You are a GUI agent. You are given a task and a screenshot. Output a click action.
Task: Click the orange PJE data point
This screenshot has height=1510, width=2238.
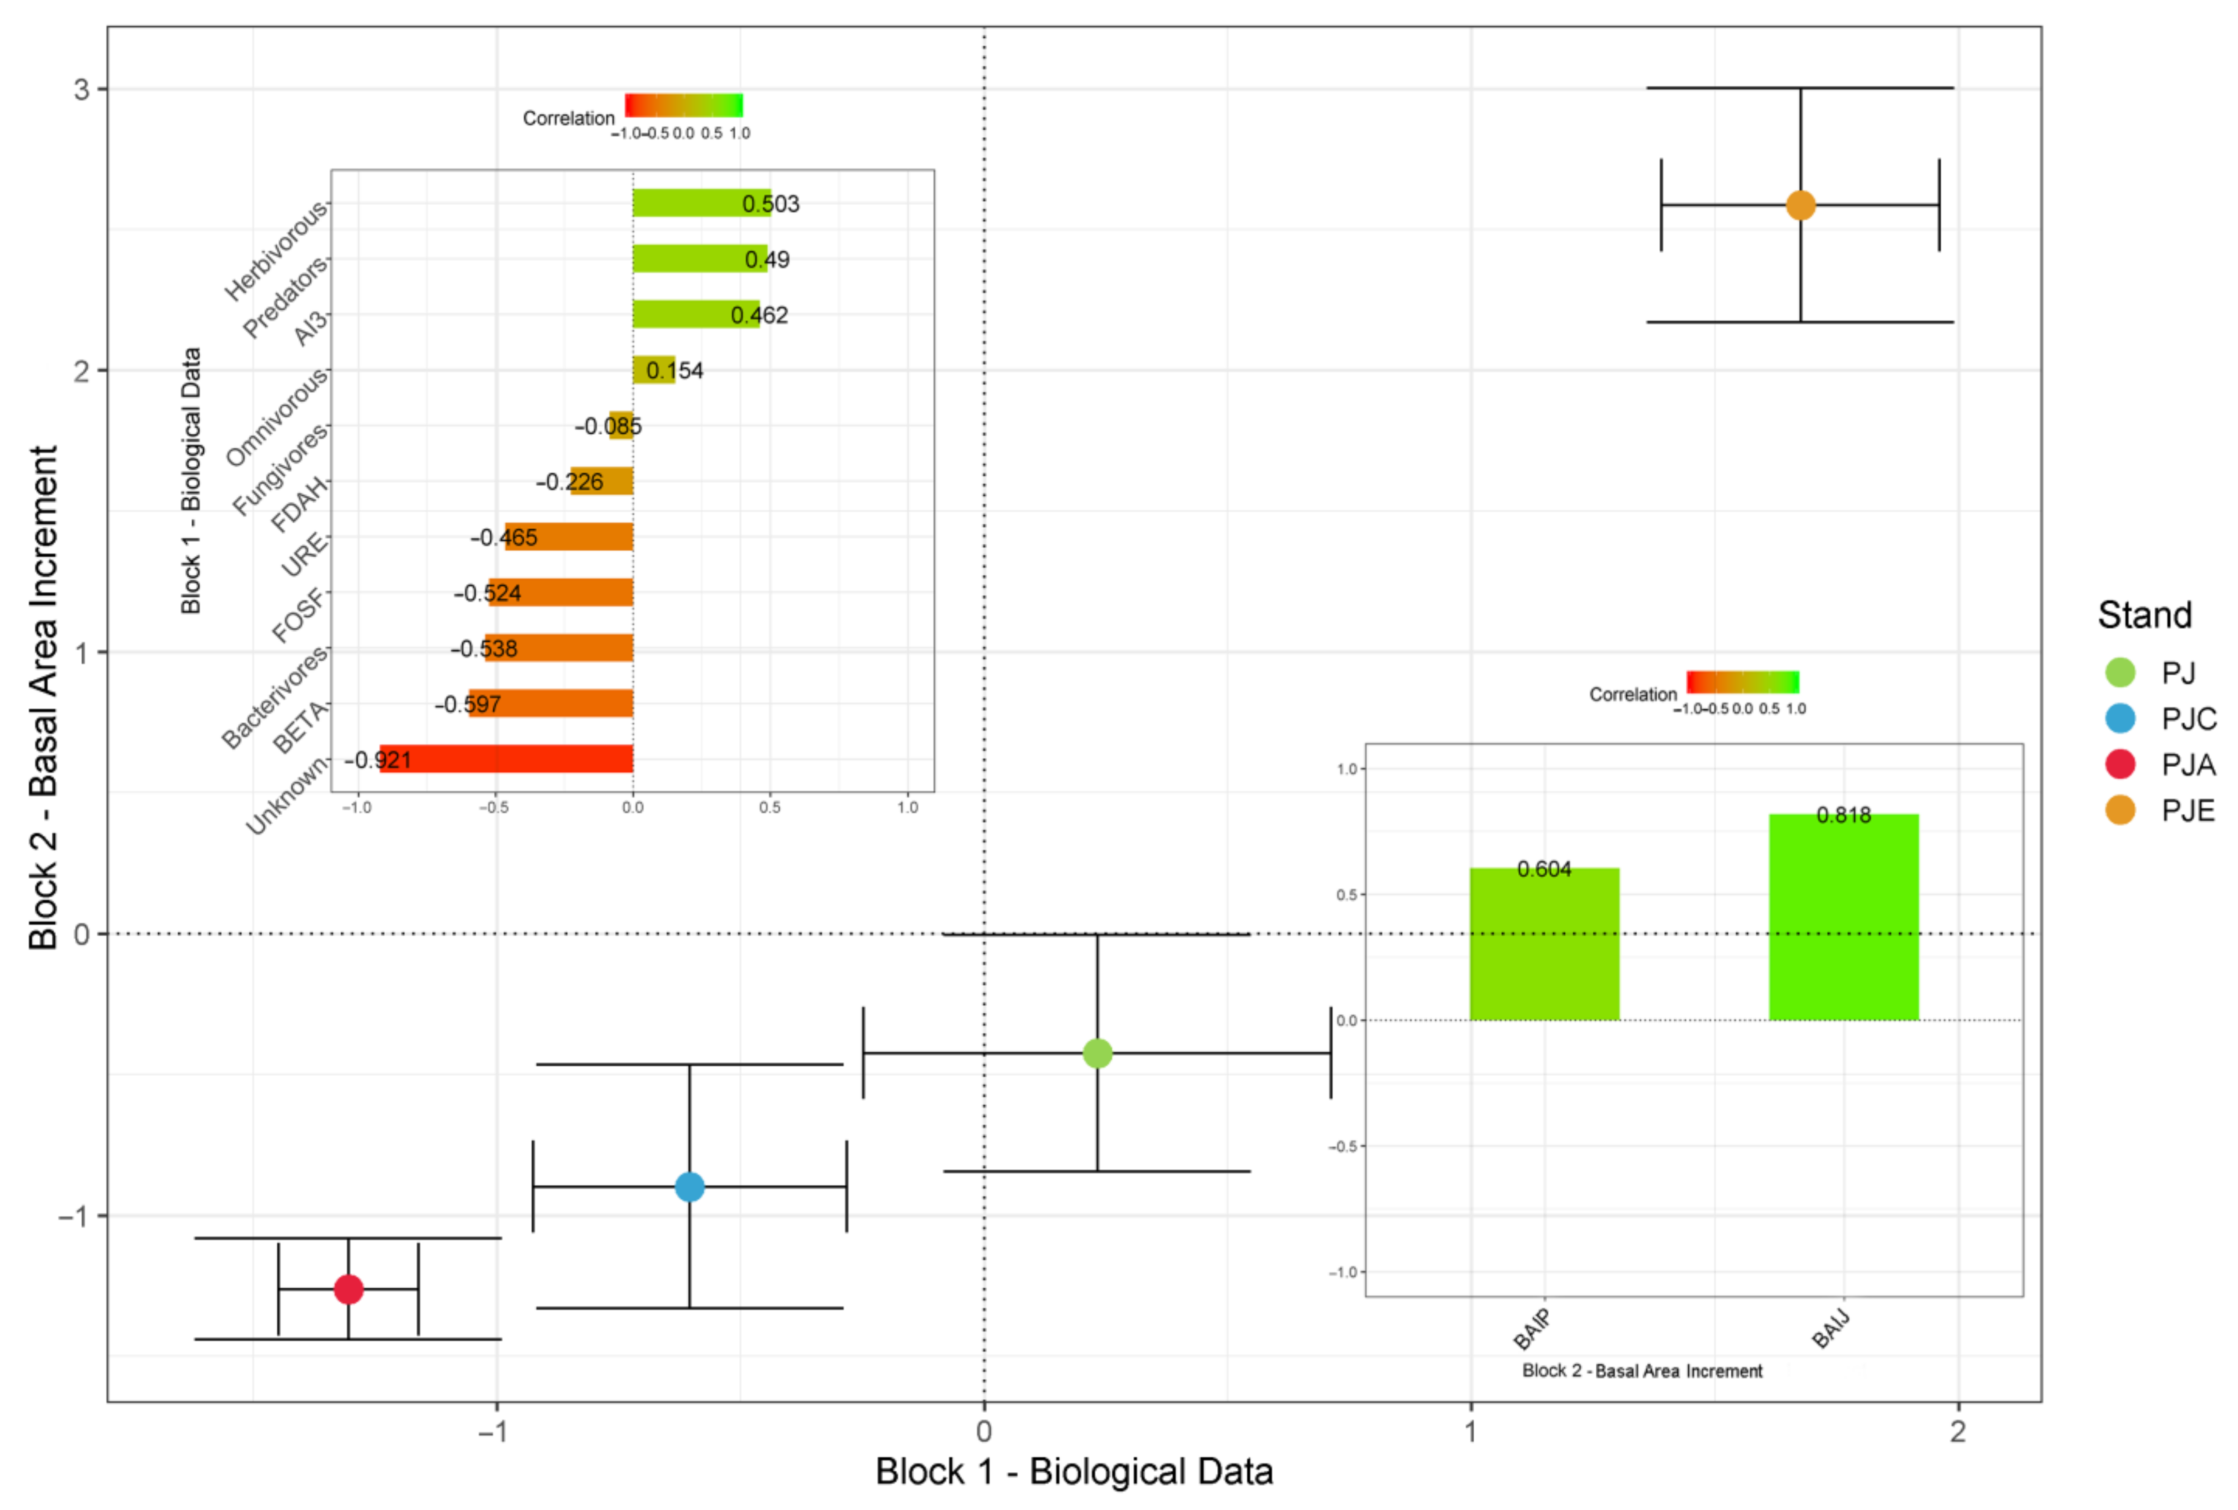tap(1800, 205)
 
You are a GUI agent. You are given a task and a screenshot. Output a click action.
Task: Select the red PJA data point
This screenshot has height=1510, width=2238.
tap(349, 1289)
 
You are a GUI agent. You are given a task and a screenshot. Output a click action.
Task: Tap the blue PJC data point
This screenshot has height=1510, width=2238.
tap(689, 1186)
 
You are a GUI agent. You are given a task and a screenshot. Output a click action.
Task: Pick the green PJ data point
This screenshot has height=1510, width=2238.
tap(1097, 1054)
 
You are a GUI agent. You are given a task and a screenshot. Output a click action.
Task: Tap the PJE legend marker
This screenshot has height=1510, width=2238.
tap(2121, 810)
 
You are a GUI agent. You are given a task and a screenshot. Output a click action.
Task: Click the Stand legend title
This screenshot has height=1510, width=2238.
tap(2144, 615)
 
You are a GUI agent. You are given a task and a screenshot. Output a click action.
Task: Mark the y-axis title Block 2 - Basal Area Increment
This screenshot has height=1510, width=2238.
tap(43, 698)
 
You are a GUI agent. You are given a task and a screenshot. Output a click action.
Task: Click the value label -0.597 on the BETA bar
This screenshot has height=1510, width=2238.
tap(468, 704)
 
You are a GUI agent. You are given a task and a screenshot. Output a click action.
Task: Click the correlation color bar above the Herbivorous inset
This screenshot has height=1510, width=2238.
tap(684, 105)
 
